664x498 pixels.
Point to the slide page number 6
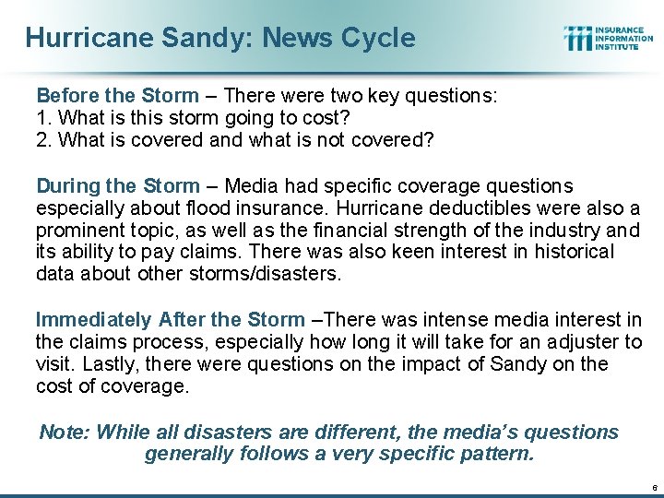[x=654, y=486]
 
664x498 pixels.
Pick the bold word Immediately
[x=93, y=320]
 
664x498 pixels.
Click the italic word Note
[x=63, y=433]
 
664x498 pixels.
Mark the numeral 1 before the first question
[x=41, y=119]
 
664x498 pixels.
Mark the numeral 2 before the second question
[x=41, y=140]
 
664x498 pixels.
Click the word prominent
[x=77, y=230]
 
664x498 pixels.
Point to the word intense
[x=430, y=320]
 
